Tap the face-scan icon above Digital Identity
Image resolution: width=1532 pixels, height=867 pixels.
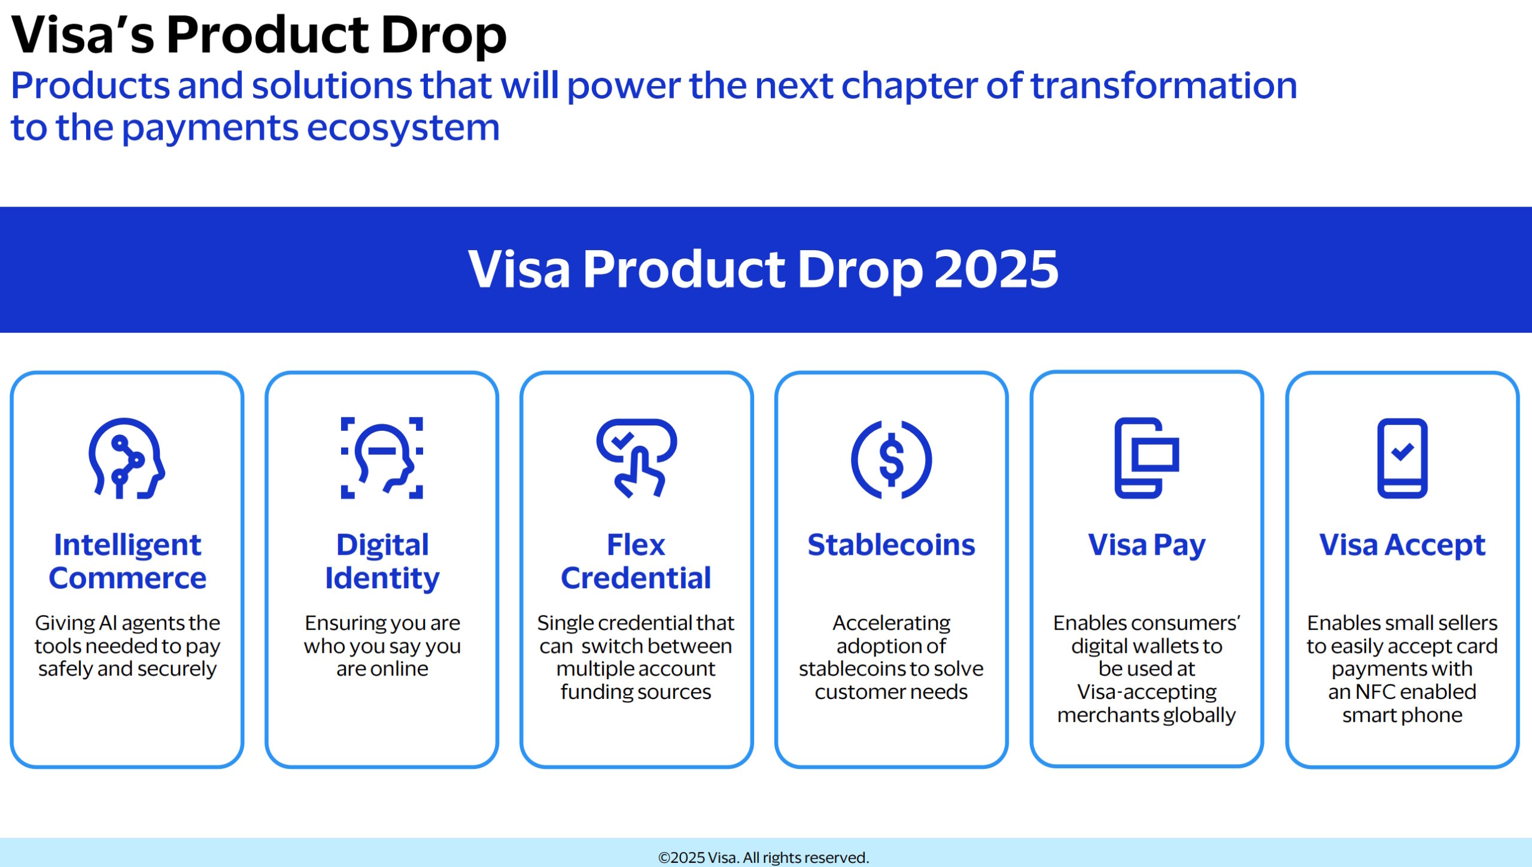click(x=382, y=458)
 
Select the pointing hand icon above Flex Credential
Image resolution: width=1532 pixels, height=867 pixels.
click(x=636, y=458)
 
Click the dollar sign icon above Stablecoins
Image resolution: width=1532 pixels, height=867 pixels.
click(x=891, y=460)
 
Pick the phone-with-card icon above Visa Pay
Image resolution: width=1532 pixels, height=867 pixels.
click(x=1146, y=458)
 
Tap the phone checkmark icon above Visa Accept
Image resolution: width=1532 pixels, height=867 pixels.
click(x=1402, y=458)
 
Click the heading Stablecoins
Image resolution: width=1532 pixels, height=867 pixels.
click(x=891, y=545)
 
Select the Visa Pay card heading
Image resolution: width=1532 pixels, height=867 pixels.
click(x=1146, y=545)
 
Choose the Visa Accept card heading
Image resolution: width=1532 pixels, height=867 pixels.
click(x=1402, y=545)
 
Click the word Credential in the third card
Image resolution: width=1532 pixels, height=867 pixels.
click(x=636, y=578)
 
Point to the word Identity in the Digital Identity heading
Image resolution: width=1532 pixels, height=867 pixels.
click(x=382, y=578)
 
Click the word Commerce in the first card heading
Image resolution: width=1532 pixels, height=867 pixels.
click(x=127, y=578)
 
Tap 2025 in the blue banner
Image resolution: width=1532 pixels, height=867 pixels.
click(x=996, y=270)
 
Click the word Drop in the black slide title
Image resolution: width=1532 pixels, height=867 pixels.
click(x=443, y=35)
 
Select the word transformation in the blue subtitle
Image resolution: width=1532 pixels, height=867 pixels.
click(x=1163, y=86)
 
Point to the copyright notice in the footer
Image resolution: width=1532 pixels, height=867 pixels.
click(x=764, y=857)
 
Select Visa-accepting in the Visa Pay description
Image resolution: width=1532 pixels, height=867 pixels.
click(x=1147, y=692)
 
